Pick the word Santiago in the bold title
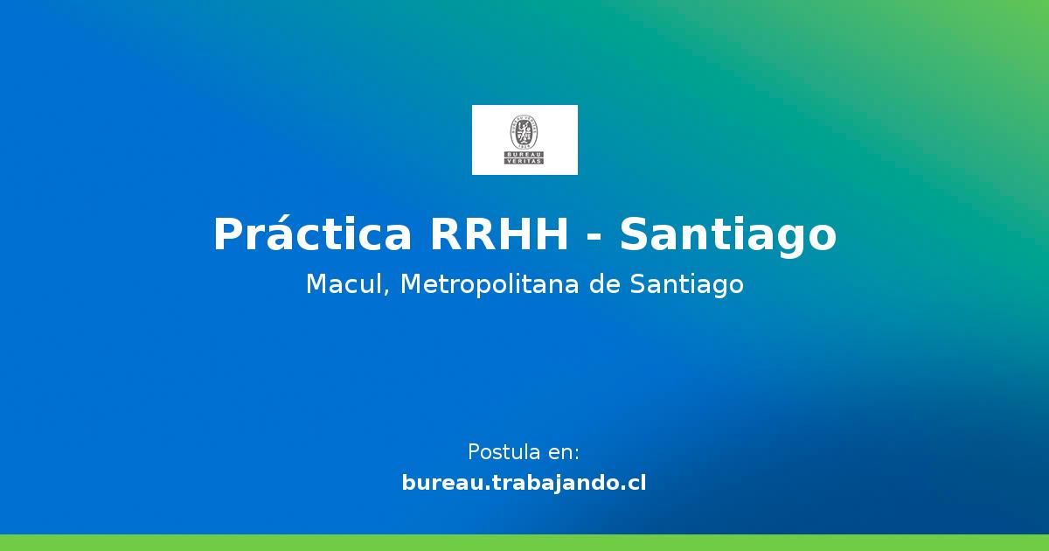coord(728,234)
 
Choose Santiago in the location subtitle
coord(686,284)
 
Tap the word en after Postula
coord(563,452)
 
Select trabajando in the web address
coord(547,482)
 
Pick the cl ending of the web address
coord(637,482)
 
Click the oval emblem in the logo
coord(524,131)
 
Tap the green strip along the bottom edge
coord(524,542)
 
